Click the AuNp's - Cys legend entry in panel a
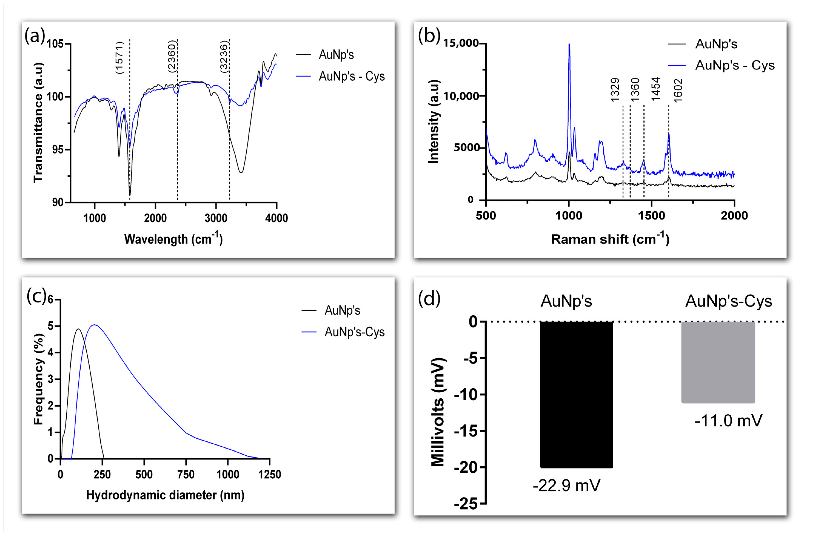coord(352,76)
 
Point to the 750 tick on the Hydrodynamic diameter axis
coord(186,475)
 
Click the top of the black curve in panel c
coord(78,329)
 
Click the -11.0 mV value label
coord(728,420)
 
